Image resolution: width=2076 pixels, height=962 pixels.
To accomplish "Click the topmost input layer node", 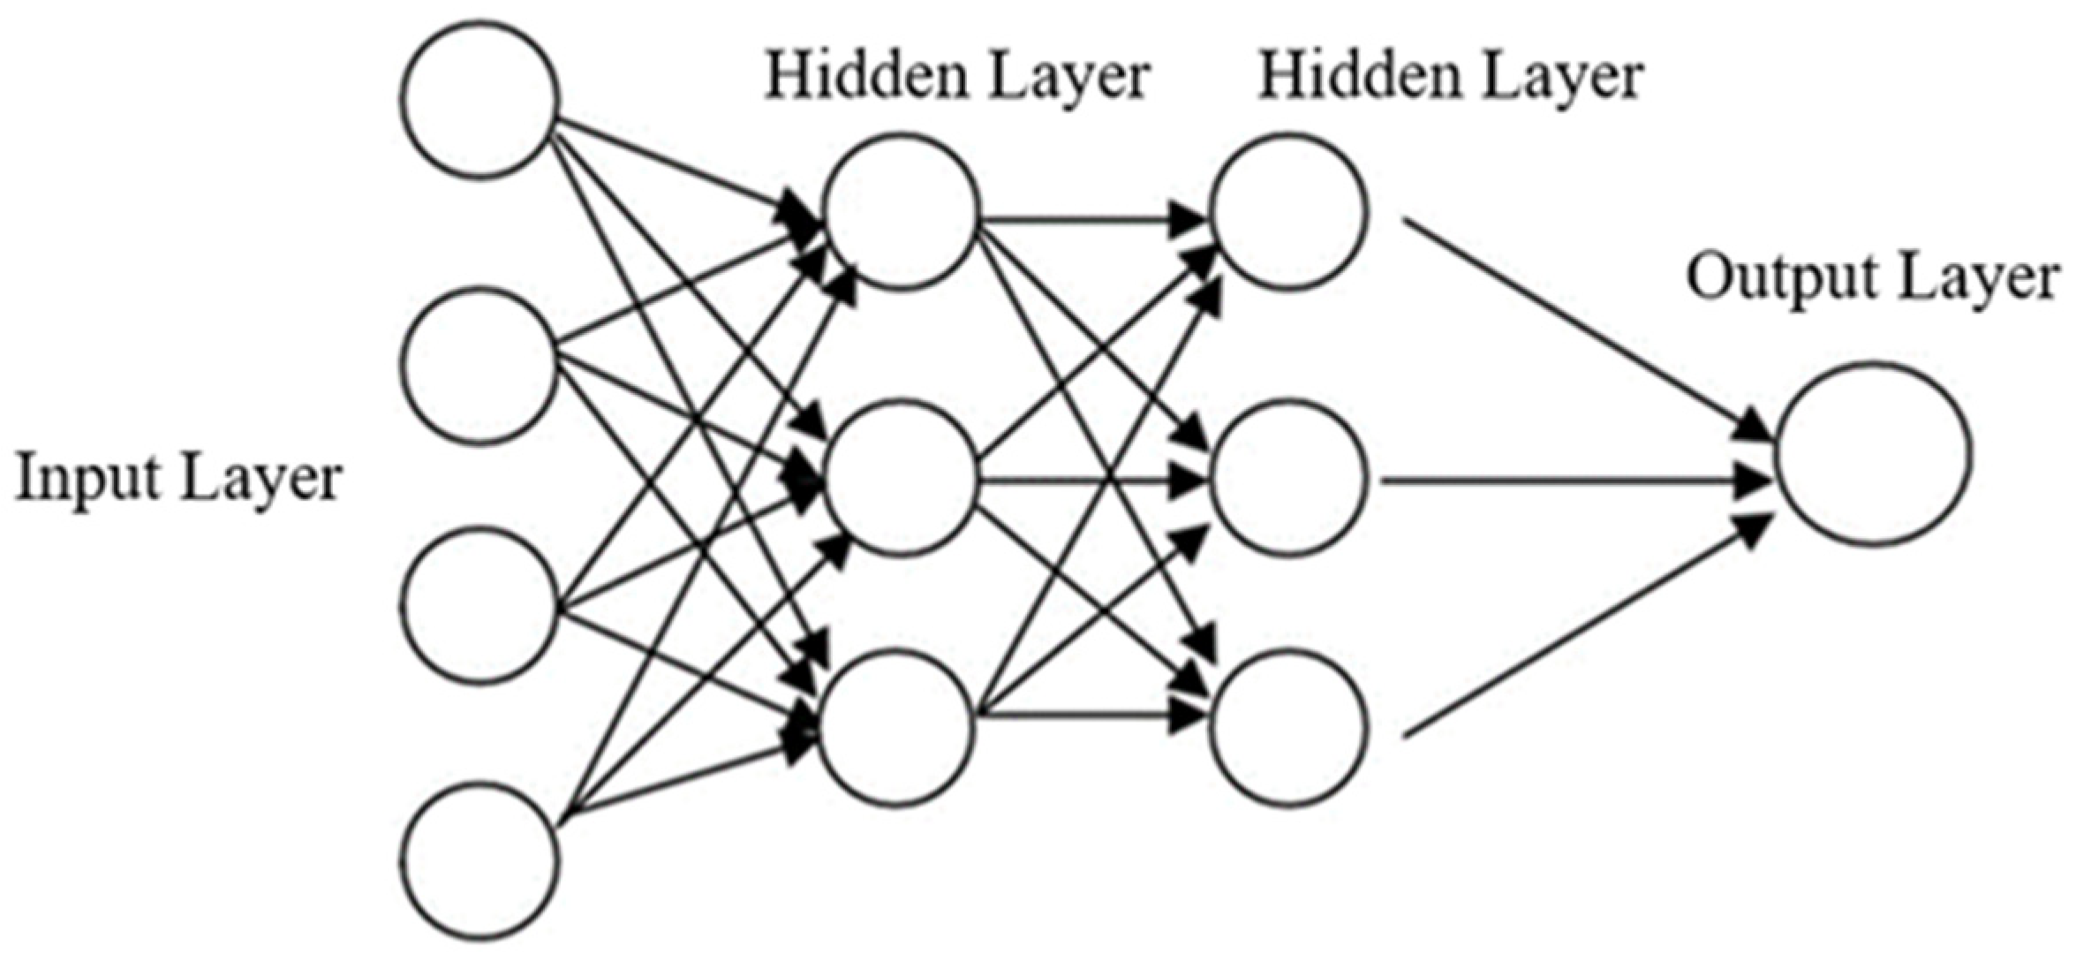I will click(x=481, y=100).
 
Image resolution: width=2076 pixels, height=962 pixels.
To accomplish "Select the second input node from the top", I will click(x=481, y=365).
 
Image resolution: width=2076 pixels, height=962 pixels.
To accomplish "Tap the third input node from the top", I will click(x=481, y=605).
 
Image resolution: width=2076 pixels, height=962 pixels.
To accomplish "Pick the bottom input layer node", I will click(x=481, y=860).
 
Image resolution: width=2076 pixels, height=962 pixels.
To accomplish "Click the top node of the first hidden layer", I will click(x=901, y=212).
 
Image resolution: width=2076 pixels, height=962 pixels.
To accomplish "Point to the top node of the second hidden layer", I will click(x=1289, y=212).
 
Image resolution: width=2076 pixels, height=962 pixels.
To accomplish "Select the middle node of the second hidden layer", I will click(x=1289, y=477).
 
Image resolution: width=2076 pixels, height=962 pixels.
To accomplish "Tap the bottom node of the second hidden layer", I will click(x=1289, y=727).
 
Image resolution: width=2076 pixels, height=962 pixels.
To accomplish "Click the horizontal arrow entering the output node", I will click(x=1572, y=482).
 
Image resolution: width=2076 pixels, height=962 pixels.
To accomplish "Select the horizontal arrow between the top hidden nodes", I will click(x=1091, y=219).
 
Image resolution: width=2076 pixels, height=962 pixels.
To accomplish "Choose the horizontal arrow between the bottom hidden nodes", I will click(x=1091, y=716).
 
